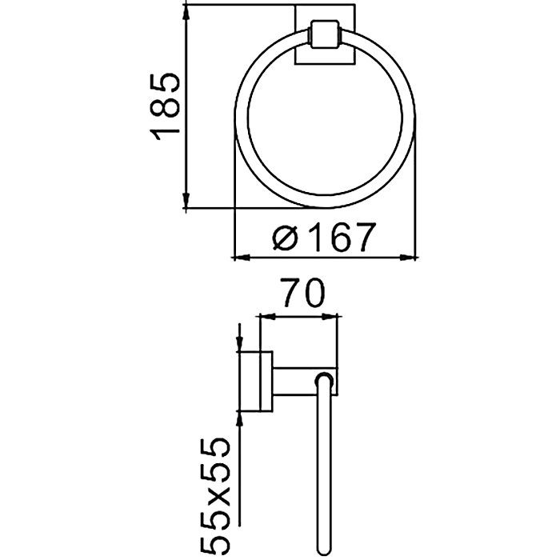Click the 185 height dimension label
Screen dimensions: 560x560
(165, 106)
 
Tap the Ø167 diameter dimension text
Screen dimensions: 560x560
(324, 237)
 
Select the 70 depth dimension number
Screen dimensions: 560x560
(303, 293)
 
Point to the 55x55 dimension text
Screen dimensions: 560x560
(214, 495)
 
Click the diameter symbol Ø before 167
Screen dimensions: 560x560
(286, 238)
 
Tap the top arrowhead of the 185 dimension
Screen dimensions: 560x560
(186, 14)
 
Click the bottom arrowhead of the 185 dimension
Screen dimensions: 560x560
(186, 199)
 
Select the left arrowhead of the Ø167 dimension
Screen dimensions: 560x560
(242, 257)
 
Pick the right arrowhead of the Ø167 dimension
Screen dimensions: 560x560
(408, 257)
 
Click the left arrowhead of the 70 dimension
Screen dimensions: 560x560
(268, 317)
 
